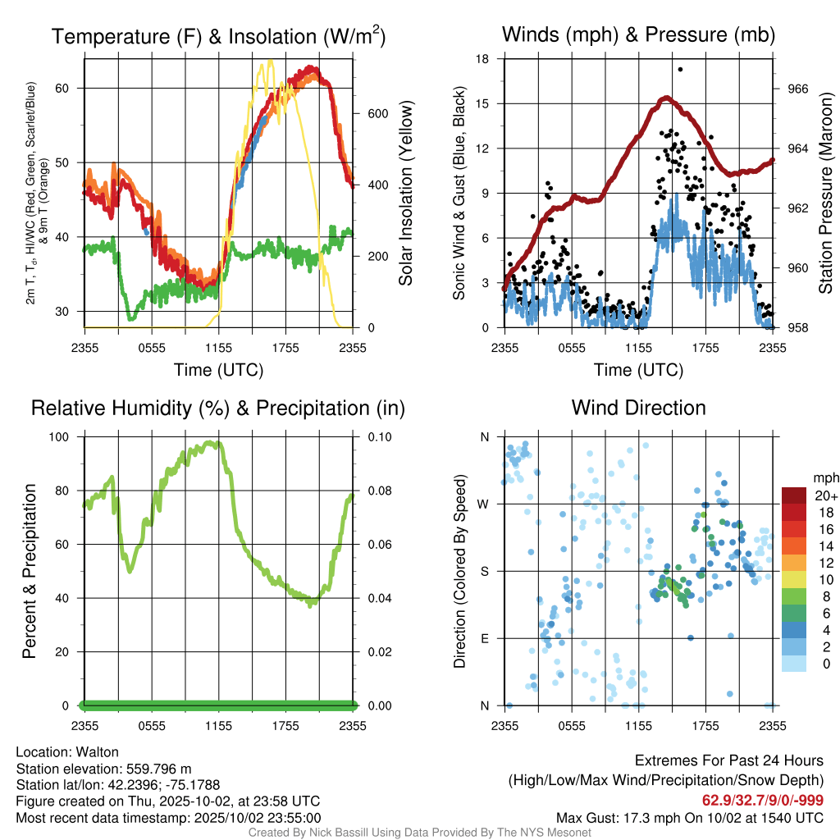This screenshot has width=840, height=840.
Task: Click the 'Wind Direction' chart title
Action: tap(638, 408)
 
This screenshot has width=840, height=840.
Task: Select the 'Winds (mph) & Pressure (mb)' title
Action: tap(638, 34)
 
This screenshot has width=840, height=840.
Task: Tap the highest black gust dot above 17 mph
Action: tap(680, 70)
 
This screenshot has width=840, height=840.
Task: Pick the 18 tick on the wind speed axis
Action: tap(483, 59)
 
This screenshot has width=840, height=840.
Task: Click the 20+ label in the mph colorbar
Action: tap(825, 495)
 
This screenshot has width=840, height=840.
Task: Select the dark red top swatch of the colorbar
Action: tap(794, 495)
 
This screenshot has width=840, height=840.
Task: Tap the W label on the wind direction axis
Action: tap(484, 504)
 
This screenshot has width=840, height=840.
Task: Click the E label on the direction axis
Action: tap(485, 638)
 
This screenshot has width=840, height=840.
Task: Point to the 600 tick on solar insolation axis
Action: tap(377, 113)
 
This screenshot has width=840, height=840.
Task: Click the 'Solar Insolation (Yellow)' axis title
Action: tap(405, 193)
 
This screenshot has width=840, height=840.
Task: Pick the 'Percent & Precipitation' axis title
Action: tap(29, 571)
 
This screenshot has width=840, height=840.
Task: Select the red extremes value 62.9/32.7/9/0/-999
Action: tap(762, 801)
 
